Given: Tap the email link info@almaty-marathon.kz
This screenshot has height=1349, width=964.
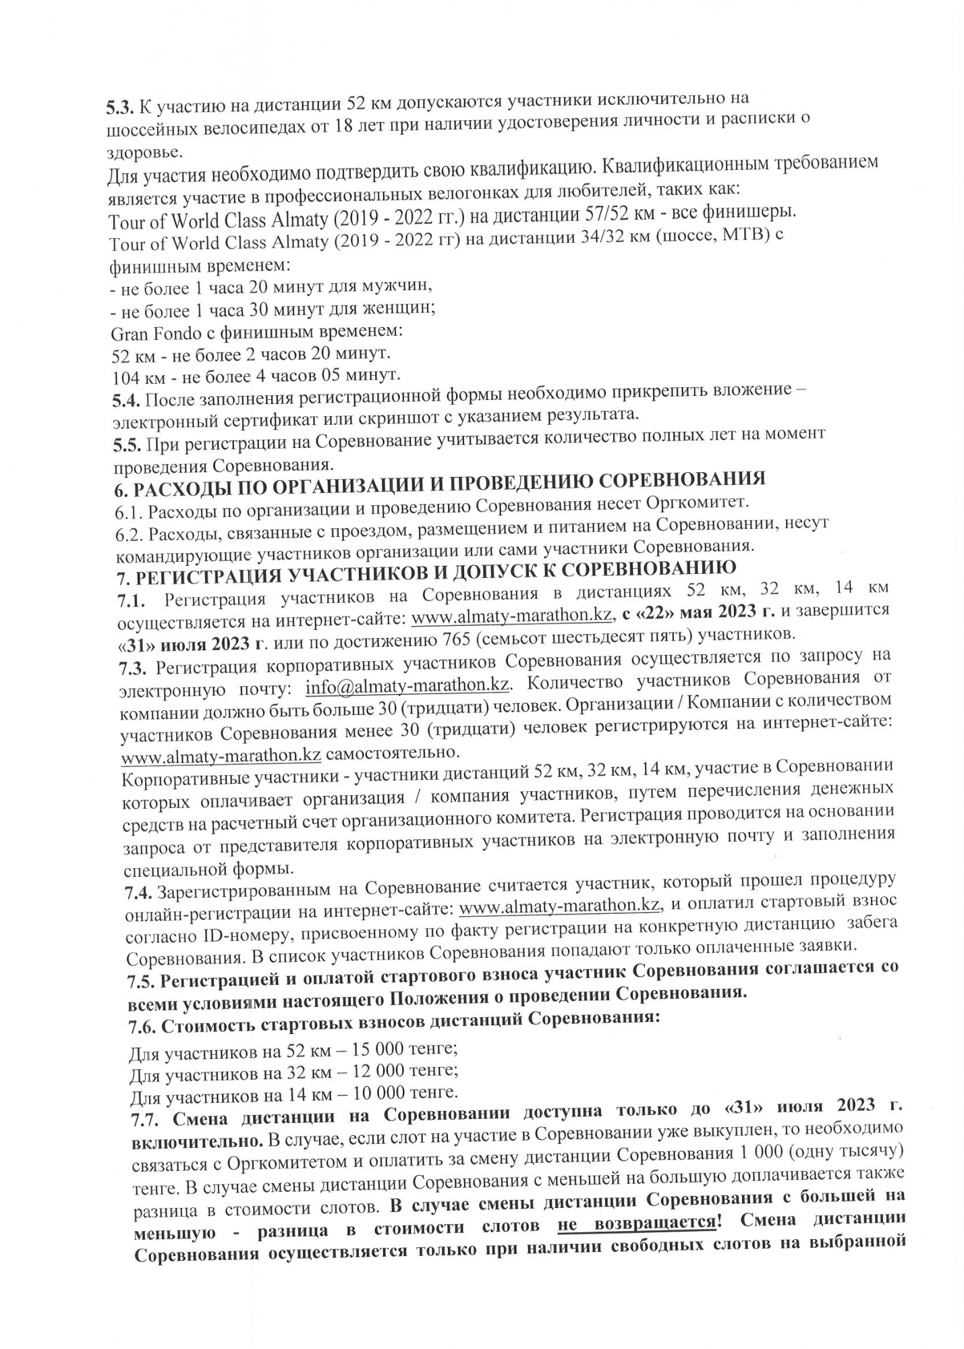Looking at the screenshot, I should click(x=407, y=685).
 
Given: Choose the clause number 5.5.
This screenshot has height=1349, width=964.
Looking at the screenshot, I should click(x=126, y=445).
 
